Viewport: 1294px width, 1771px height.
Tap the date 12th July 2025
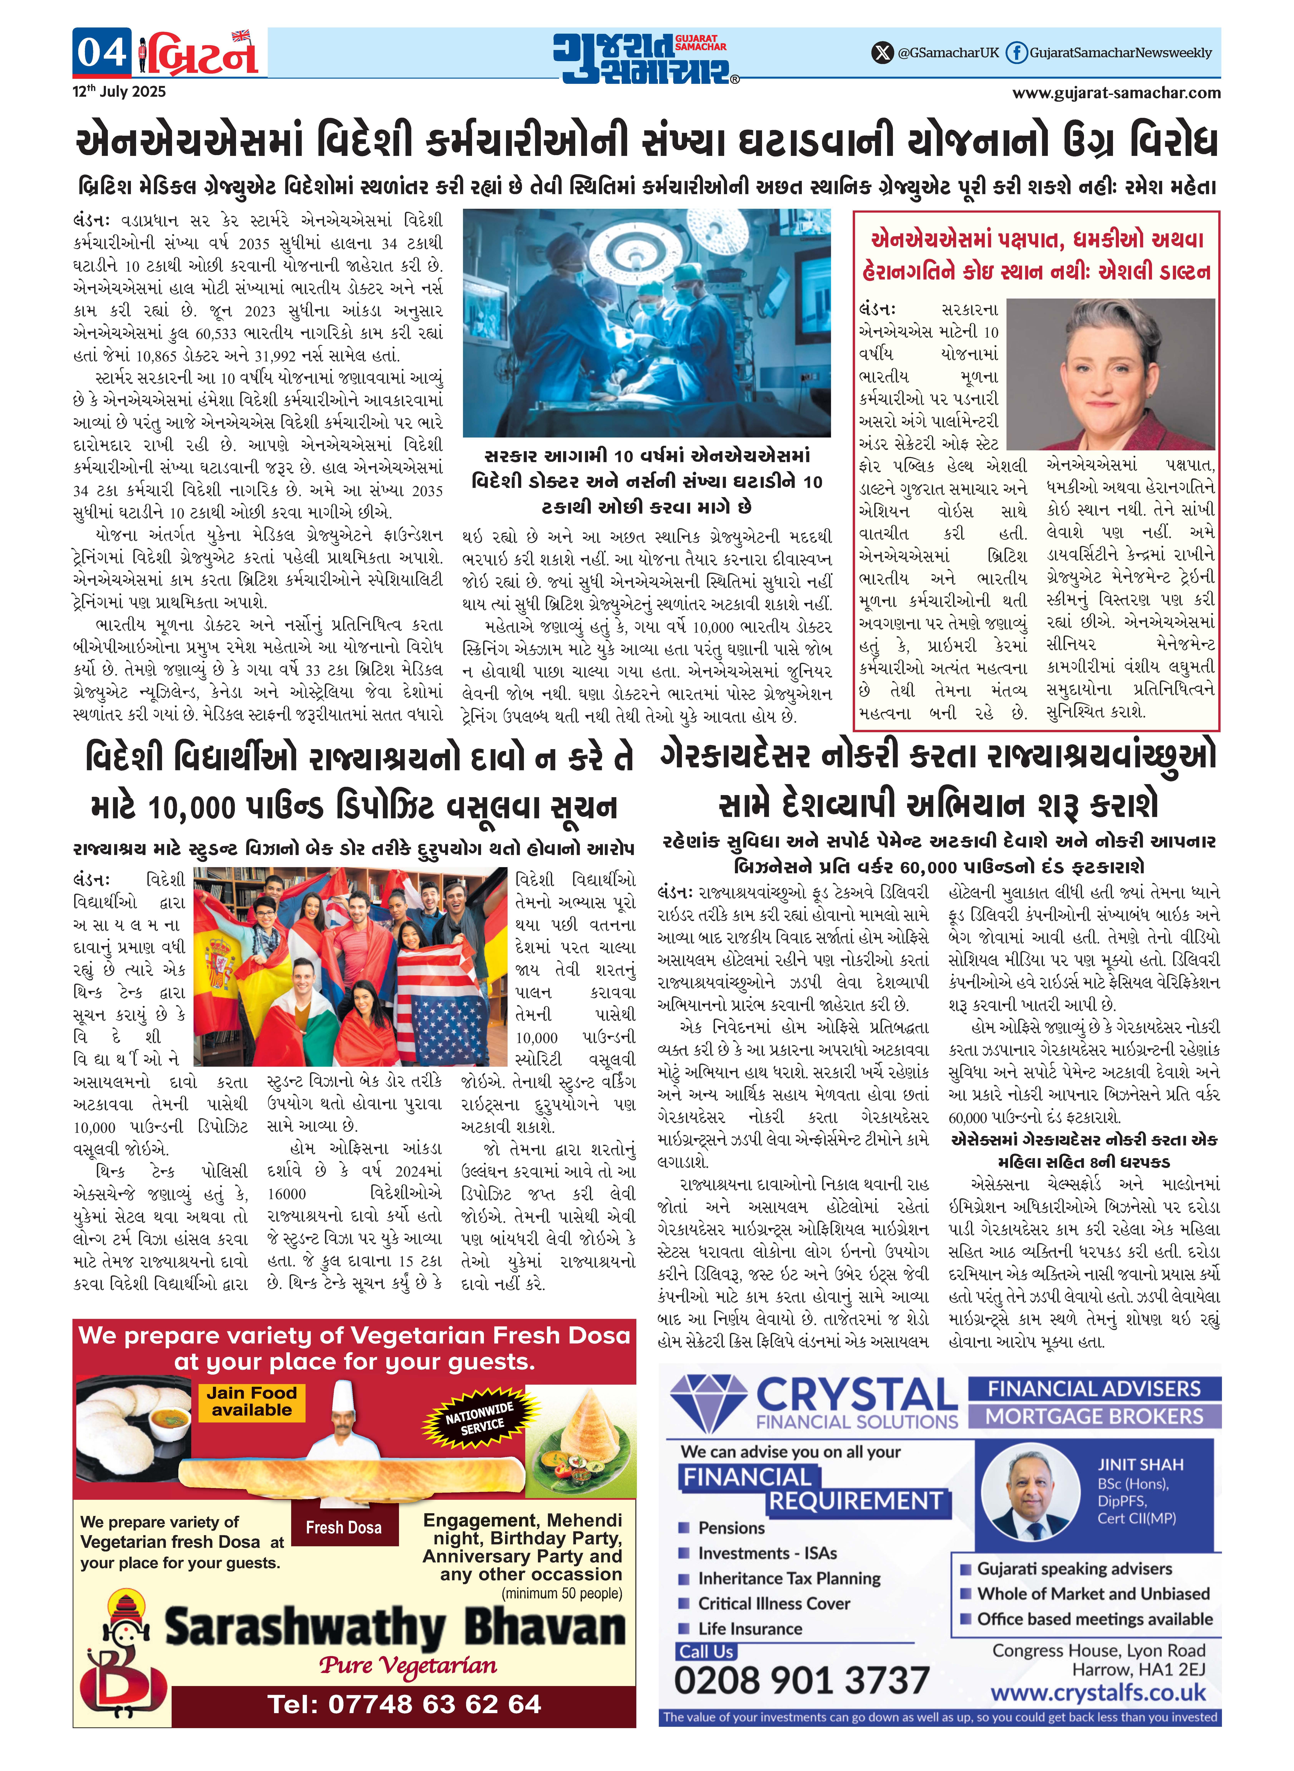tap(119, 92)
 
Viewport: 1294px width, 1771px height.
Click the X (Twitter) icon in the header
tap(883, 52)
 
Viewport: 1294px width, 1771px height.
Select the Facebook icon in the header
tap(1016, 52)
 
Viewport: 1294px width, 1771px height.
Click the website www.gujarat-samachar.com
tap(1116, 92)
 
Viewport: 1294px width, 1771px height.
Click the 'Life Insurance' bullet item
tap(750, 1628)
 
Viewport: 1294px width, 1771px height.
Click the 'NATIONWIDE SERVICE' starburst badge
tap(480, 1419)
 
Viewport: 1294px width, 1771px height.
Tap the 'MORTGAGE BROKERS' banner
tap(1094, 1416)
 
